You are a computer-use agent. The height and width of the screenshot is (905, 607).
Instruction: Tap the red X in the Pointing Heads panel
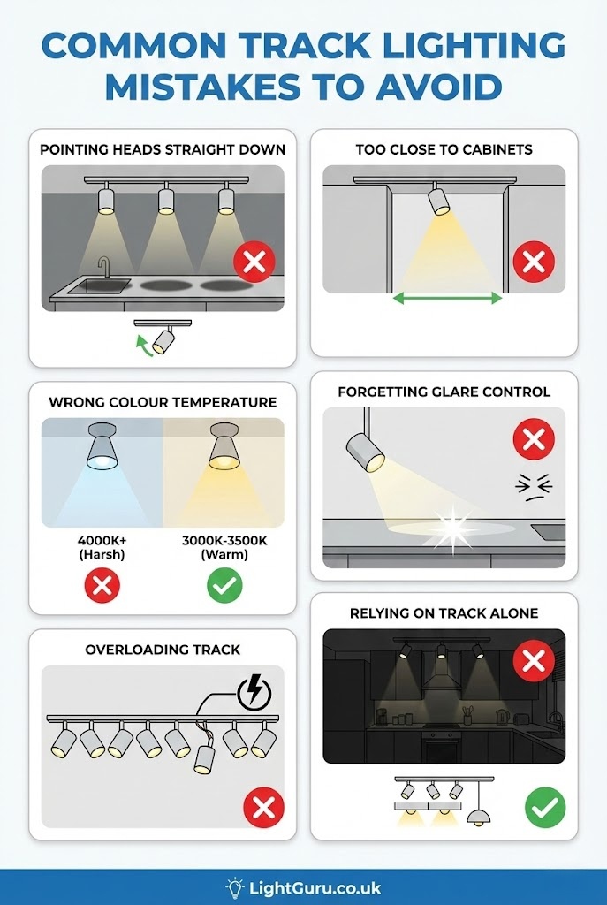click(x=254, y=262)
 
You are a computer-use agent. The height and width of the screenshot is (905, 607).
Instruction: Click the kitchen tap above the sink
click(x=104, y=267)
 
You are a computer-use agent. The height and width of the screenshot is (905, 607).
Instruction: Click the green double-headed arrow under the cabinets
click(x=447, y=298)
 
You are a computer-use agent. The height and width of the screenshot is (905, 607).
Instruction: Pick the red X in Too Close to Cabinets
click(x=534, y=262)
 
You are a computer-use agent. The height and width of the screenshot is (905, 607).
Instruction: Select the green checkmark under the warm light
click(x=224, y=586)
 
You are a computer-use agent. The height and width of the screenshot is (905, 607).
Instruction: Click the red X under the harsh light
click(x=102, y=586)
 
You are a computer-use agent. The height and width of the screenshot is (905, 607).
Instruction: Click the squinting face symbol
click(x=534, y=488)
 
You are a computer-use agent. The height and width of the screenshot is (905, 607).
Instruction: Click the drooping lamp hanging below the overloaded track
click(x=204, y=758)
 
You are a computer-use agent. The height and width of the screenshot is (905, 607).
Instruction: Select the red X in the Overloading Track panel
click(x=263, y=808)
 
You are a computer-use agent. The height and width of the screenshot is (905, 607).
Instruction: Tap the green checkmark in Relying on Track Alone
click(x=545, y=808)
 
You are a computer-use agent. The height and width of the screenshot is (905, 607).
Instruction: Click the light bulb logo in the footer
click(x=235, y=887)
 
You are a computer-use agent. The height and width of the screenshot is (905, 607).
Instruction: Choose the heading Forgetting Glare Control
click(x=444, y=392)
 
